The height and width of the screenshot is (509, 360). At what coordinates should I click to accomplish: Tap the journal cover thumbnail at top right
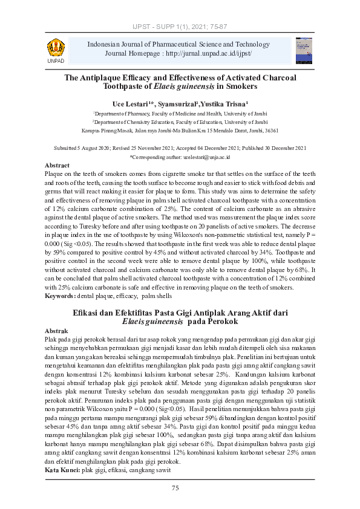[x=304, y=50]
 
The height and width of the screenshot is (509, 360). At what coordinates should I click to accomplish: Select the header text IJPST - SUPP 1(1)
[x=158, y=27]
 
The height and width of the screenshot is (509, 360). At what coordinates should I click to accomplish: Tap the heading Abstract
[x=58, y=165]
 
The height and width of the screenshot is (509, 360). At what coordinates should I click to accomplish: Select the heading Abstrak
[x=57, y=331]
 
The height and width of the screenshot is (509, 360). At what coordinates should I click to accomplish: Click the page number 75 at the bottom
[x=175, y=488]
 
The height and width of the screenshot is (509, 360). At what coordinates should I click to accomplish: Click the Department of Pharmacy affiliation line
[x=179, y=113]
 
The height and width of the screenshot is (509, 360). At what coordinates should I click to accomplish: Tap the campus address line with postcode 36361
[x=180, y=130]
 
